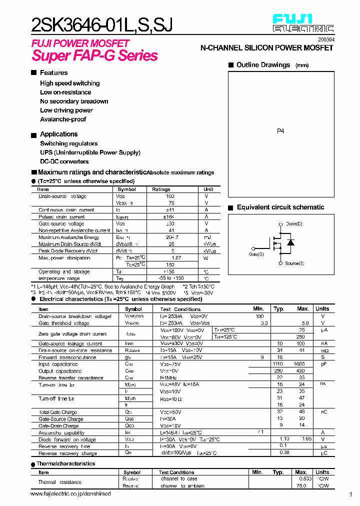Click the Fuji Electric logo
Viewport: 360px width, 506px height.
(303, 23)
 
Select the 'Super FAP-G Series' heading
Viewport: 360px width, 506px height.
(95, 56)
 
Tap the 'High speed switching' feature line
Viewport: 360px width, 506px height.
(69, 83)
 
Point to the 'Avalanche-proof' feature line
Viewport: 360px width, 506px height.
(63, 119)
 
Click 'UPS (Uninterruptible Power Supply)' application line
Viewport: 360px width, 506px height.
(90, 152)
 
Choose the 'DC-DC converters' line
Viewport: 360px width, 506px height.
(64, 161)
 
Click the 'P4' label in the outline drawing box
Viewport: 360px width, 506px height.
(280, 131)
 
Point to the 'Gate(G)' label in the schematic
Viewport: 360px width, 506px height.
(256, 254)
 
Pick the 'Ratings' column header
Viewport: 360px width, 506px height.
(161, 189)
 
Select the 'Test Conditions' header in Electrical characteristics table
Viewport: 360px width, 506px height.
(180, 309)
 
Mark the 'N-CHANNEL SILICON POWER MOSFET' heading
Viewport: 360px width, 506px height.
(266, 48)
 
